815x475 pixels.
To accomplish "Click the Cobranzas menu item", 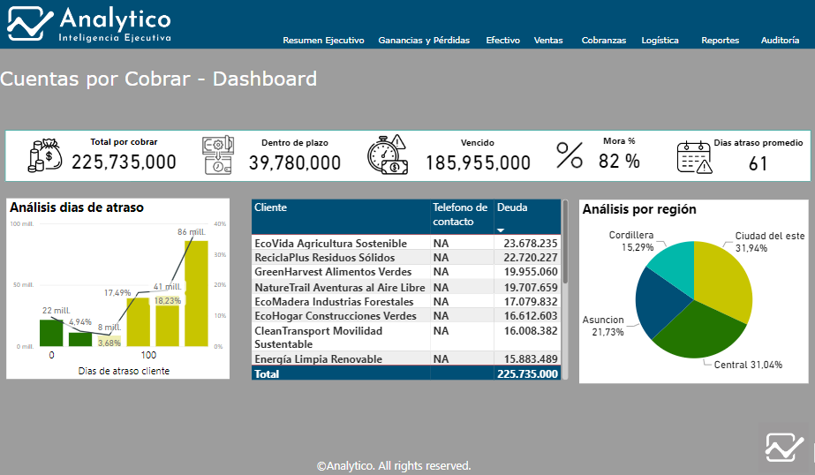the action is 603,40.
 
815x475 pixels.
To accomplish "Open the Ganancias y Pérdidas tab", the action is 424,40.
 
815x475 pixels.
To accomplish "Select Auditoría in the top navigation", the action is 780,40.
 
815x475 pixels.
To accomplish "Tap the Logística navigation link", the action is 660,40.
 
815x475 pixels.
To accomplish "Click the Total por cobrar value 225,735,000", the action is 124,162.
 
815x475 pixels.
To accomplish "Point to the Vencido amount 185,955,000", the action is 478,163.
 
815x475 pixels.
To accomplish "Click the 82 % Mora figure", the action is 618,161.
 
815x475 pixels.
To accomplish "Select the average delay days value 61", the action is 758,164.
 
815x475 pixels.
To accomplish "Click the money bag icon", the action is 45,155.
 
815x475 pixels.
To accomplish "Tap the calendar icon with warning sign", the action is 694,157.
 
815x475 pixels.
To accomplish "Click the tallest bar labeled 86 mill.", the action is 197,293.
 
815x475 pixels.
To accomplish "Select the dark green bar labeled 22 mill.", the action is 51,333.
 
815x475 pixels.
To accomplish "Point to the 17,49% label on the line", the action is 117,292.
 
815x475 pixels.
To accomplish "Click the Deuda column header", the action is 512,207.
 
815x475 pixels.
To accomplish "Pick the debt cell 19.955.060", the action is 530,272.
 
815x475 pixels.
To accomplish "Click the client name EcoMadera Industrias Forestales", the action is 334,301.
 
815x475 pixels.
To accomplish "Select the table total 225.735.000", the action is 527,373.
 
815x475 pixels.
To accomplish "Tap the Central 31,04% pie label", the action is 748,365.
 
